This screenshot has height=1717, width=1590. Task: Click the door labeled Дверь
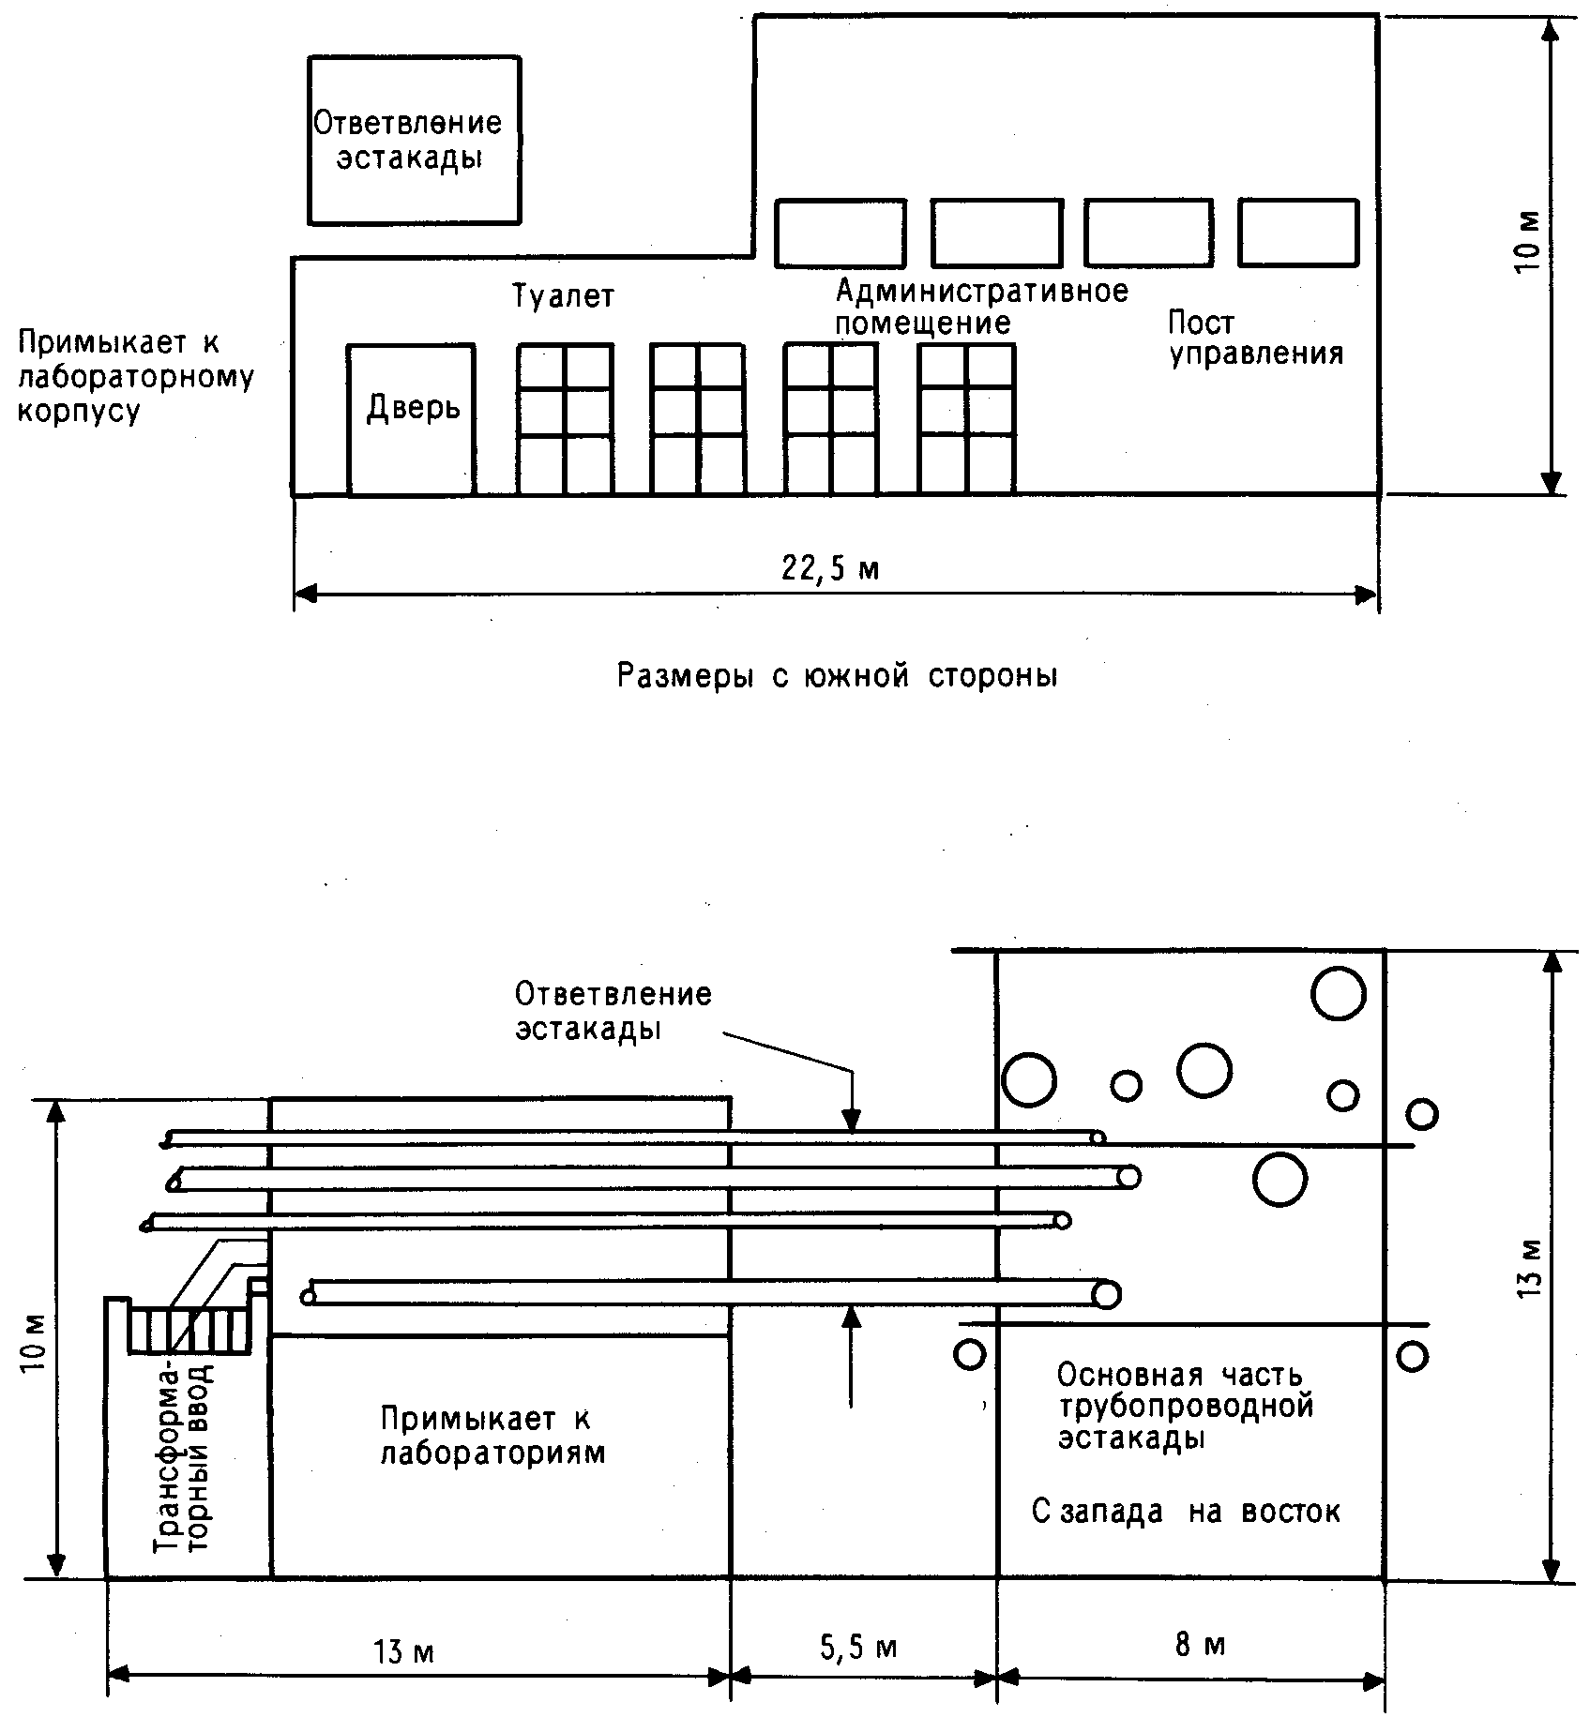coord(411,419)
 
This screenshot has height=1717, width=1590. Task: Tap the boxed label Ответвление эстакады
coord(414,140)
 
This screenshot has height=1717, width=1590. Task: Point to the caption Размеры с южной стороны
coord(838,676)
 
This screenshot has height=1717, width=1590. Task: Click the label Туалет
coord(564,296)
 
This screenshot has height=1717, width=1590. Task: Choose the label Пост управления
coord(1255,339)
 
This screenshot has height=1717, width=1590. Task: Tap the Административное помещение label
coord(981,307)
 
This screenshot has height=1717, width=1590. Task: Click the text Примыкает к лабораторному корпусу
coord(136,377)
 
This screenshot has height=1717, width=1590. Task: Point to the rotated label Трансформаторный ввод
coord(184,1468)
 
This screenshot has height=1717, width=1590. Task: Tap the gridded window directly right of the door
coord(566,419)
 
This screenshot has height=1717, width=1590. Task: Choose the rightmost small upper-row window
coord(1298,232)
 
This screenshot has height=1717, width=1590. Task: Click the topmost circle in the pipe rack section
coord(1338,993)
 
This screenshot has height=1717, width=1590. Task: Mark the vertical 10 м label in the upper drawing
coord(1527,243)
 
